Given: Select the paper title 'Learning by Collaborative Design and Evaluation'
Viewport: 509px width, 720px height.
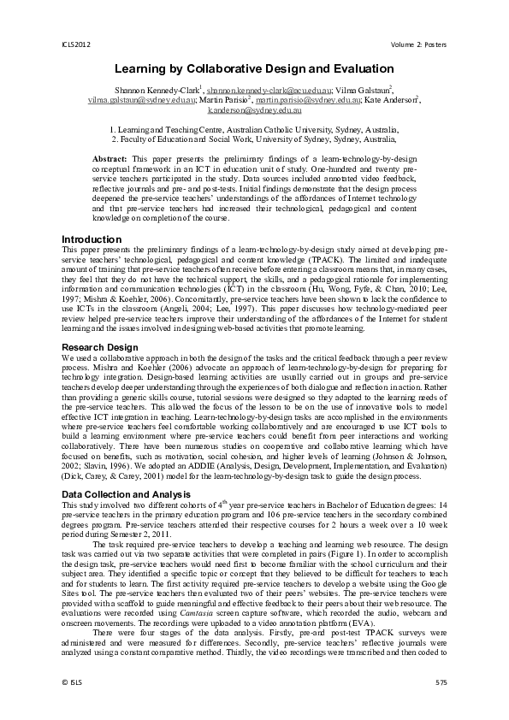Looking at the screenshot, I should coord(254,68).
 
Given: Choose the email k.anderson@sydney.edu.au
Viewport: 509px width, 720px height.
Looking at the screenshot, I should coord(254,110).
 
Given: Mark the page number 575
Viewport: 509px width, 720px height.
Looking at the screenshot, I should coord(441,682).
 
